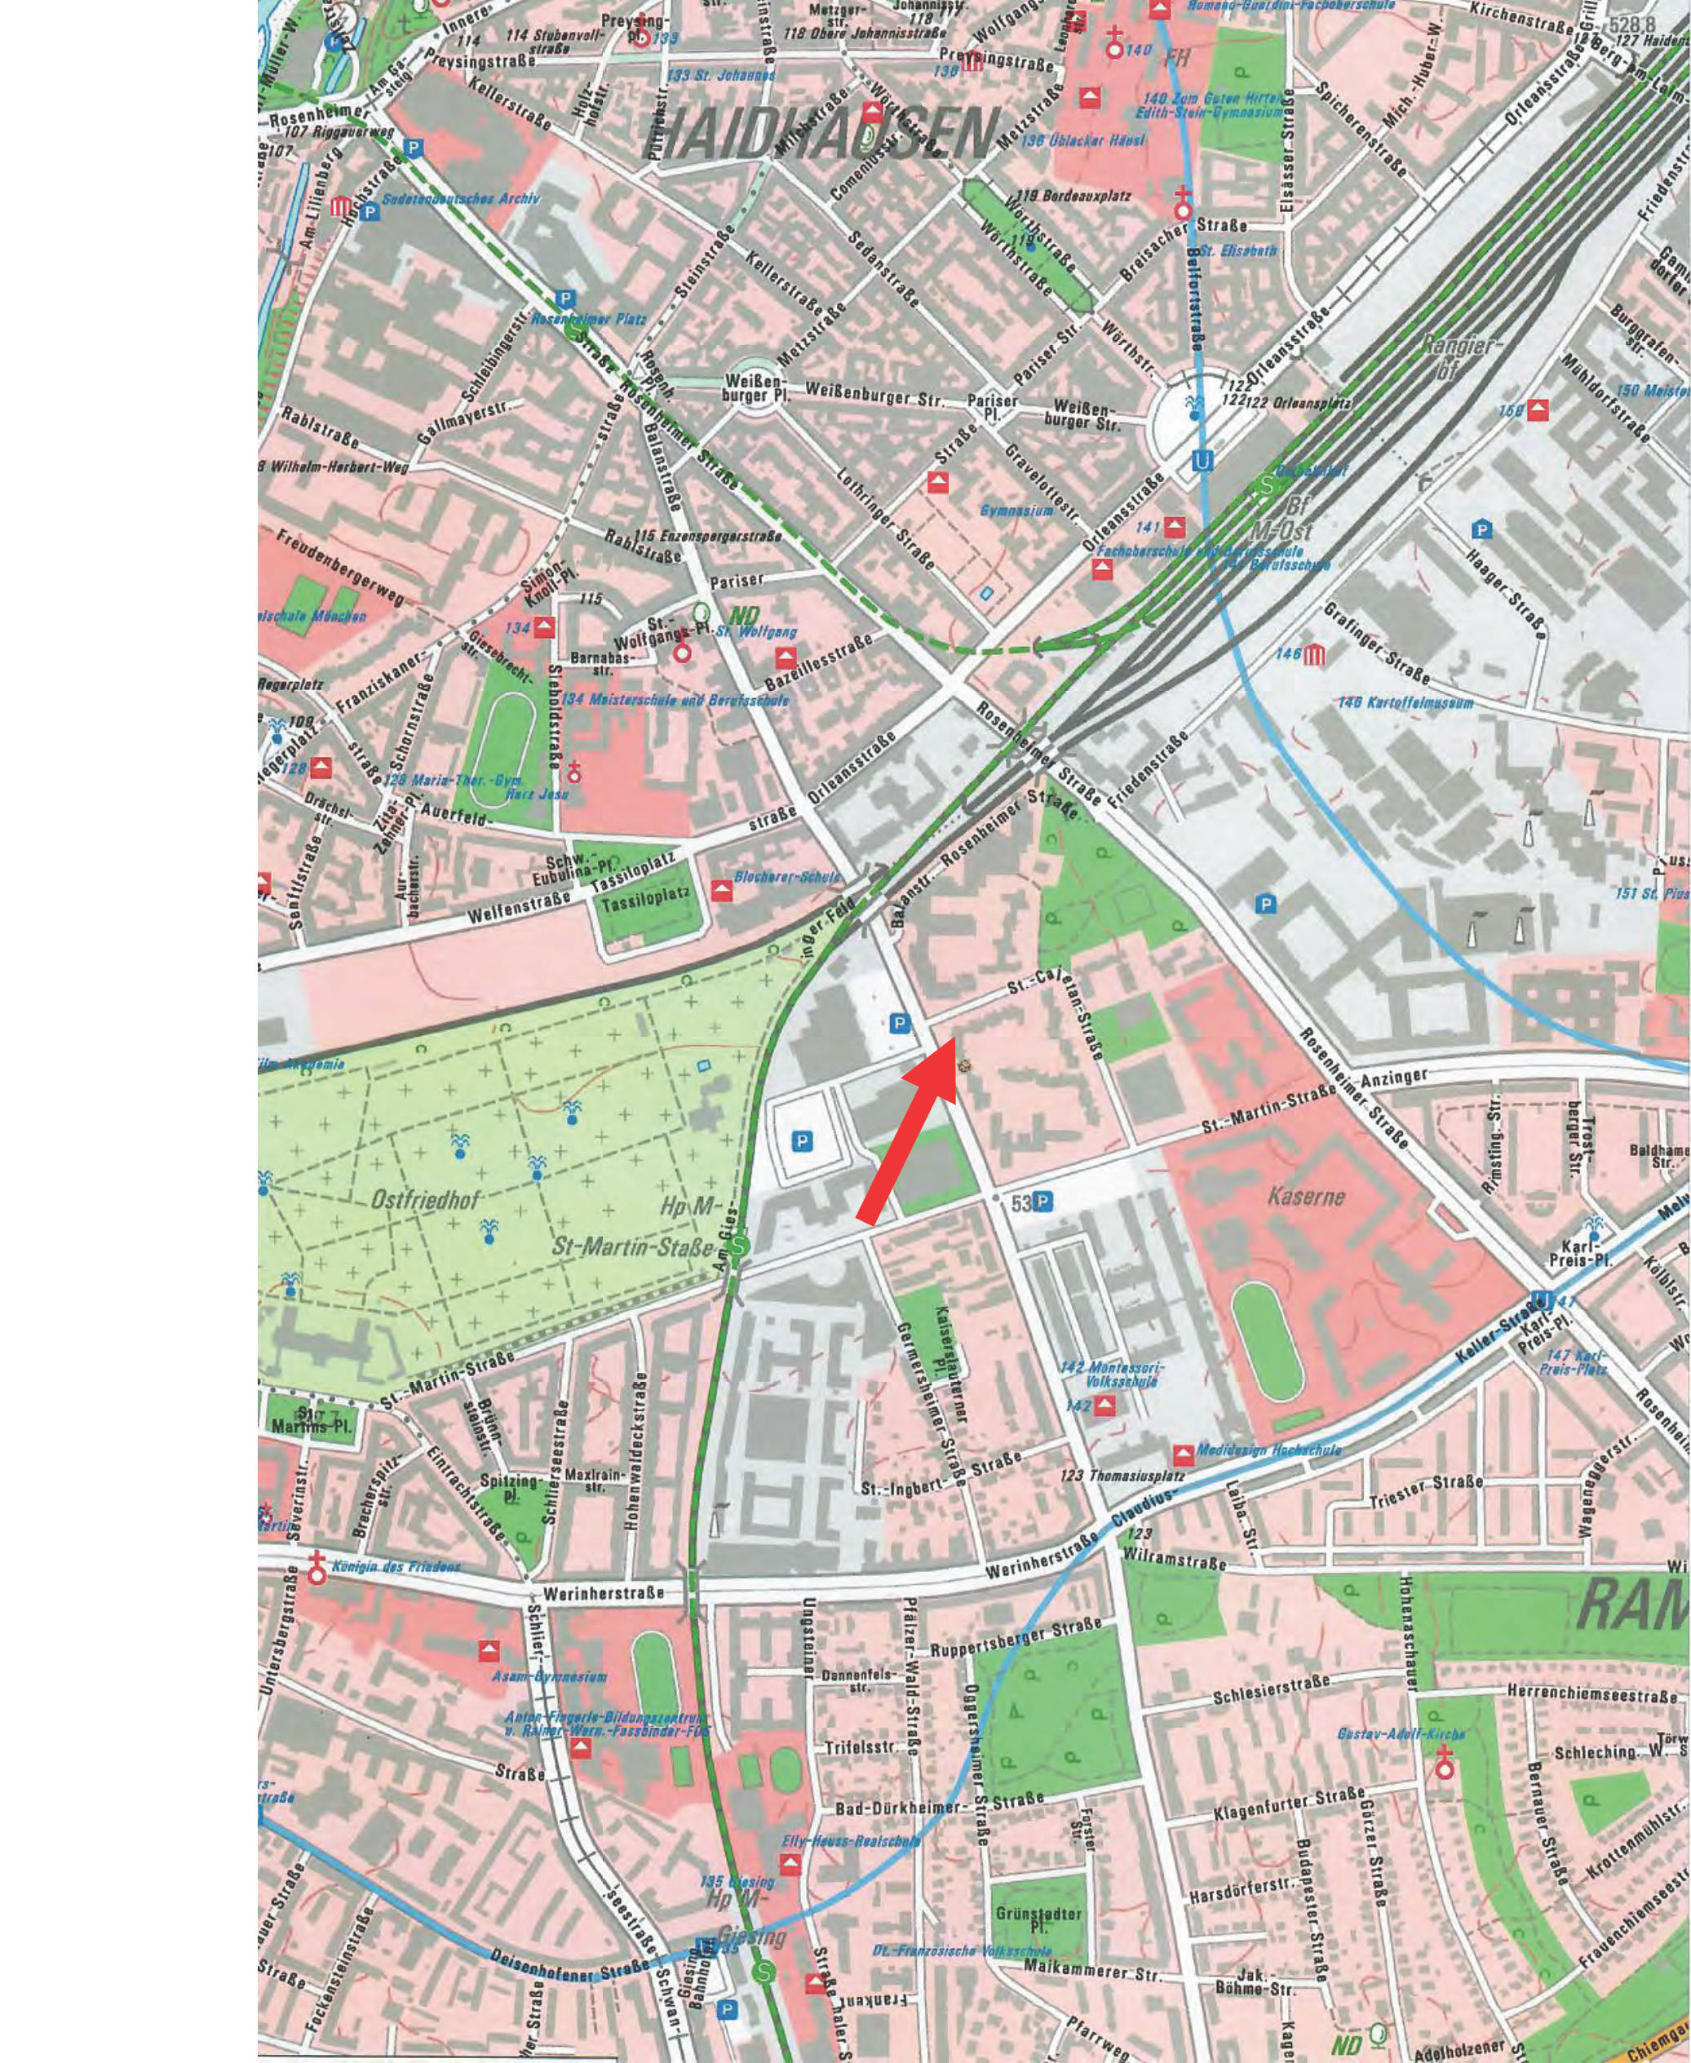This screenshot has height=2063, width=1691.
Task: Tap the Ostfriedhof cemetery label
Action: [425, 1201]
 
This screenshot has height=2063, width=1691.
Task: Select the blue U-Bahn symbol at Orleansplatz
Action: [1203, 460]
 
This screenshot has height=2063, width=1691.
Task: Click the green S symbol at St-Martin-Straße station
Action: [741, 1244]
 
